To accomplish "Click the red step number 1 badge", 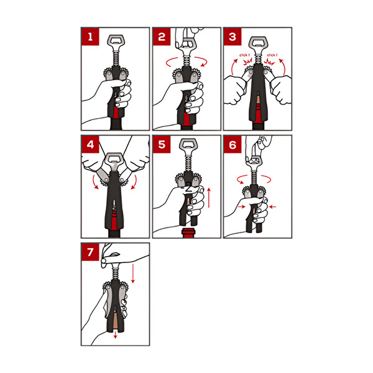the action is pos(90,37).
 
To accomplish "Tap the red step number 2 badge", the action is pos(162,37).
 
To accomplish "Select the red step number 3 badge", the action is pos(233,37).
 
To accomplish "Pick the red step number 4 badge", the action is pos(90,144).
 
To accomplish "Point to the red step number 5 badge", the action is pos(162,144).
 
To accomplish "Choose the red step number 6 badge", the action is pos(233,144).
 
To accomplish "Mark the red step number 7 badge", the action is pos(90,252).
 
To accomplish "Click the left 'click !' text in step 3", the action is pos(244,55).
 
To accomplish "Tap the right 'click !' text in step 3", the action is pos(272,55).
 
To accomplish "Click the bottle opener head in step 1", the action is pos(116,42).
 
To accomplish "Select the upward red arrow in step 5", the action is pos(209,198).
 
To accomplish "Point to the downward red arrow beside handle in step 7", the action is pos(133,273).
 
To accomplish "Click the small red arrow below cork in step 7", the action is pos(116,335).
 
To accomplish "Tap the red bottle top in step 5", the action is pos(188,233).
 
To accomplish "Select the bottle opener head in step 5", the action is pos(188,145).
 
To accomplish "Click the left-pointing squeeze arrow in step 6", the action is pos(272,207).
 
